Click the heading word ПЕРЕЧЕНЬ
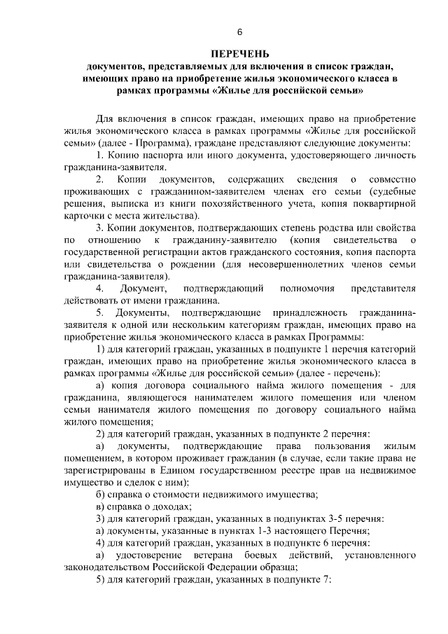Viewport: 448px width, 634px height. pyautogui.click(x=239, y=54)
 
